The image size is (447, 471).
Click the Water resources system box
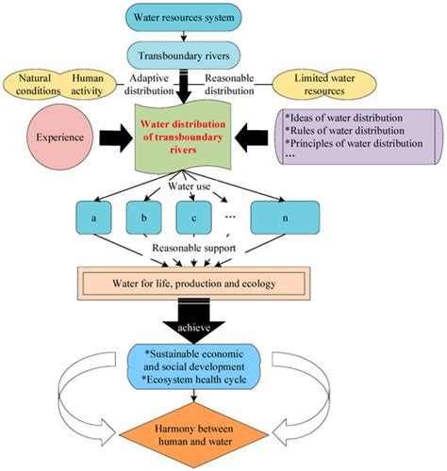[x=184, y=17]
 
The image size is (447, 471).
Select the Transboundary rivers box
[x=184, y=56]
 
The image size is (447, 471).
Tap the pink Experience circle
[x=59, y=138]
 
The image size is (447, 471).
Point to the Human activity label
[x=87, y=85]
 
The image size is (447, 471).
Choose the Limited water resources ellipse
[x=324, y=85]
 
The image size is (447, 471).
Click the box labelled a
[x=93, y=218]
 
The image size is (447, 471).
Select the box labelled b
[x=144, y=218]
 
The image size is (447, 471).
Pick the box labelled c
[x=193, y=218]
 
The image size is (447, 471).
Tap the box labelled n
[x=285, y=218]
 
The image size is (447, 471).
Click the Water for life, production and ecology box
[x=194, y=284]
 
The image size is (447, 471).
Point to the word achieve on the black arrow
[x=193, y=328]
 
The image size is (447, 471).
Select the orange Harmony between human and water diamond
[x=194, y=435]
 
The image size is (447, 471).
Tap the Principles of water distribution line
[x=354, y=143]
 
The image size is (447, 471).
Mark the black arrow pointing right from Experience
[x=116, y=138]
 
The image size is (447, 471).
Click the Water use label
[x=190, y=186]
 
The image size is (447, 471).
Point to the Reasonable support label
[x=194, y=248]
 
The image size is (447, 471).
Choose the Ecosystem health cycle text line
[x=194, y=380]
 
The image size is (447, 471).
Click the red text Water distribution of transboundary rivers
[x=183, y=137]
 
